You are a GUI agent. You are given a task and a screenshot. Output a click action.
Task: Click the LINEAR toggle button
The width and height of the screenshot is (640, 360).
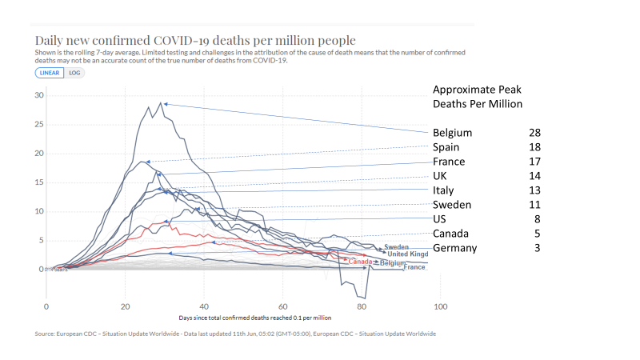coord(49,73)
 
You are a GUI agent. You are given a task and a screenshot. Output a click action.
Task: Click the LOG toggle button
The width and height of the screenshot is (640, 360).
coord(74,73)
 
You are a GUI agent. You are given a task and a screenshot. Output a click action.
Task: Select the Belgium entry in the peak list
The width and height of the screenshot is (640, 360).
coord(452,132)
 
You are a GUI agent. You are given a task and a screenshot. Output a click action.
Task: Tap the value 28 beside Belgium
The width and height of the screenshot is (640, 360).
coord(534,132)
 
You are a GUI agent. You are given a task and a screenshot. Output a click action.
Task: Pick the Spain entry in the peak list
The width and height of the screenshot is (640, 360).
coord(446,147)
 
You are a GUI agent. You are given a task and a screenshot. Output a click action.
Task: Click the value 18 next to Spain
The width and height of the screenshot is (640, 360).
coord(534,147)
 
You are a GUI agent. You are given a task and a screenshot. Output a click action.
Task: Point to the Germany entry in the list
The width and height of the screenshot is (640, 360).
coord(454,248)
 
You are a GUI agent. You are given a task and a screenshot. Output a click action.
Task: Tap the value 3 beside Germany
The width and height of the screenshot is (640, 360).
coord(538,248)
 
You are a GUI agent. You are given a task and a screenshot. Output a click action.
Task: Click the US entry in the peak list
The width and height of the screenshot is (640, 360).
coord(440,219)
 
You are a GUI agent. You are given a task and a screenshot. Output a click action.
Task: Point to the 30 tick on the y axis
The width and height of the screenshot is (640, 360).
coord(38,95)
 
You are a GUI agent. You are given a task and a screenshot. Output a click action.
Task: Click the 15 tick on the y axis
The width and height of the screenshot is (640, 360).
coord(38,182)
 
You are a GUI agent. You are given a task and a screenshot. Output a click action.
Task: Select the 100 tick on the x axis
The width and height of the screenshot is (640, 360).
coord(440,306)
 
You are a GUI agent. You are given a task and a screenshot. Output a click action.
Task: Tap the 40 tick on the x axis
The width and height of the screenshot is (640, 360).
coord(204,306)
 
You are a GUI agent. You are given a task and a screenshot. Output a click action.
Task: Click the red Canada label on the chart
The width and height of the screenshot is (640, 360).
coord(361,262)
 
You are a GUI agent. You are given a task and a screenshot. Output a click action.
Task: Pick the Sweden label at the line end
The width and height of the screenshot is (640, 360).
coord(397,247)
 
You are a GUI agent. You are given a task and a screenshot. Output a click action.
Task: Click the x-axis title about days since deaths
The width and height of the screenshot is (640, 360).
coord(243,318)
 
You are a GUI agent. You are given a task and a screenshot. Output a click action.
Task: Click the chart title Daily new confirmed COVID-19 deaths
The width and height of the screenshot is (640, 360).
coord(195,40)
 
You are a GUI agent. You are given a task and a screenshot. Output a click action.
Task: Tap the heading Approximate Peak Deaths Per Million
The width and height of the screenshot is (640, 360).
coord(477,97)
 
